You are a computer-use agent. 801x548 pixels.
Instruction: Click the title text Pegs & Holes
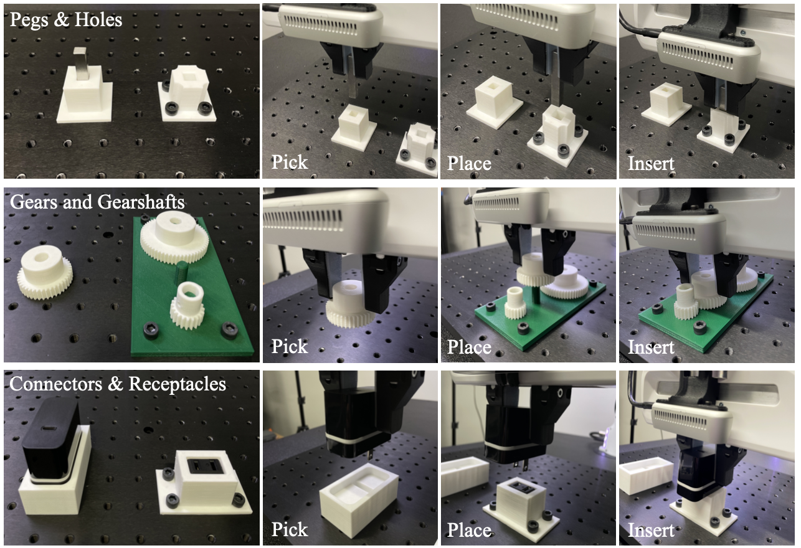point(66,19)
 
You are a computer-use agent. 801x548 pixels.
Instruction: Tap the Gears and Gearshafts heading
point(97,202)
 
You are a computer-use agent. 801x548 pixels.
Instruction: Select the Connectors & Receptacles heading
point(118,384)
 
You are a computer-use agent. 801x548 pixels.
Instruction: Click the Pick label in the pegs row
point(289,163)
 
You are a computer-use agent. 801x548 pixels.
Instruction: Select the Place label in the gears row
point(469,347)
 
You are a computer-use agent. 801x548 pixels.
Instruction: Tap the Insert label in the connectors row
point(651,530)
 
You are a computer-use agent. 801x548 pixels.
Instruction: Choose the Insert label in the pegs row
point(651,163)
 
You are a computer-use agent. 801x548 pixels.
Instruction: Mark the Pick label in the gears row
point(289,346)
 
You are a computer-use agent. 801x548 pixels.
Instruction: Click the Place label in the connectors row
point(469,530)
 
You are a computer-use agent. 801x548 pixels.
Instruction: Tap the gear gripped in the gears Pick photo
point(351,304)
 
